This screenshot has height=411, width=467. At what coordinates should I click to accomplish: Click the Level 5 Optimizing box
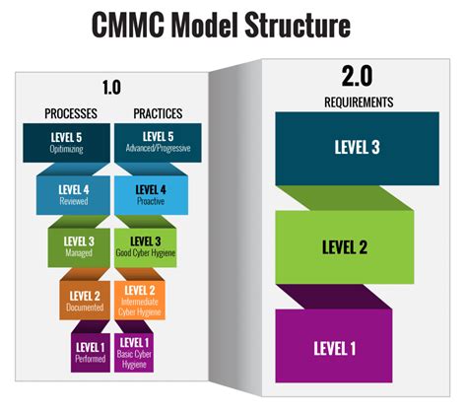coord(69,142)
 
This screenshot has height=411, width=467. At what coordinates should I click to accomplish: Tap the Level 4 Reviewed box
coord(74,194)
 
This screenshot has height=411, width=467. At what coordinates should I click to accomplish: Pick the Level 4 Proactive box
coord(153,194)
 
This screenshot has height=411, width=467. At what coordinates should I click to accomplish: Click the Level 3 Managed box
coord(79,245)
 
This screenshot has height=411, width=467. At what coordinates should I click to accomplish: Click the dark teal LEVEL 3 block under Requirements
coord(357,148)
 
